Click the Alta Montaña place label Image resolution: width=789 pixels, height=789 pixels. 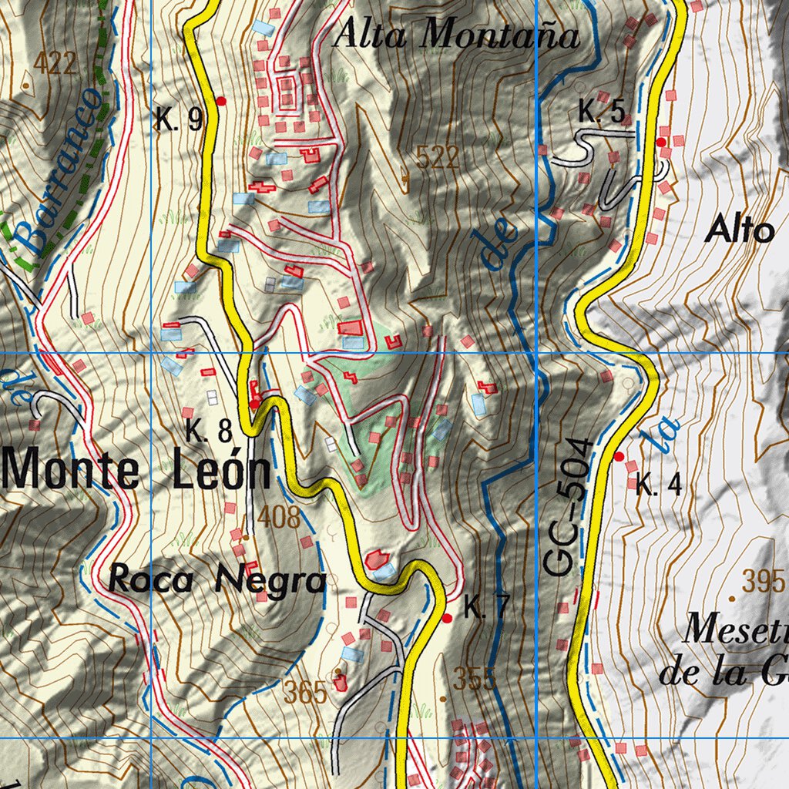pos(456,35)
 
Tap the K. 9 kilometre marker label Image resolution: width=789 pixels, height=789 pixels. pos(179,119)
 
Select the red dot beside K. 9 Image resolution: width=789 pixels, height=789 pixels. pos(221,101)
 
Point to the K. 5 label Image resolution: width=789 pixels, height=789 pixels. pos(601,112)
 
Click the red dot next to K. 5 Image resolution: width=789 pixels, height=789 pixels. pos(661,143)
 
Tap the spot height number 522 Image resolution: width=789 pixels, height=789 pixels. pos(437,158)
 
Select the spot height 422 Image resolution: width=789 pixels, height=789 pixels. pos(55,63)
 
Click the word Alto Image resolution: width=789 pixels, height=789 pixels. pos(740,230)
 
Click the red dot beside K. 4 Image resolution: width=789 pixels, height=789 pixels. pos(619,457)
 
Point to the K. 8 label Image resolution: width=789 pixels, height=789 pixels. pos(208,431)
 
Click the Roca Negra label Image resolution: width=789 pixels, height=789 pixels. pos(218,579)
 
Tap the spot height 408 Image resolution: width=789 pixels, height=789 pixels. pos(279,517)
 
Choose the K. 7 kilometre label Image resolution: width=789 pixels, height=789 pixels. pos(486,608)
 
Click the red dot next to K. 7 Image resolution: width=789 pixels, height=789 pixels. pos(447,618)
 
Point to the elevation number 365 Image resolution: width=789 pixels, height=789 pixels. pos(305,693)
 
